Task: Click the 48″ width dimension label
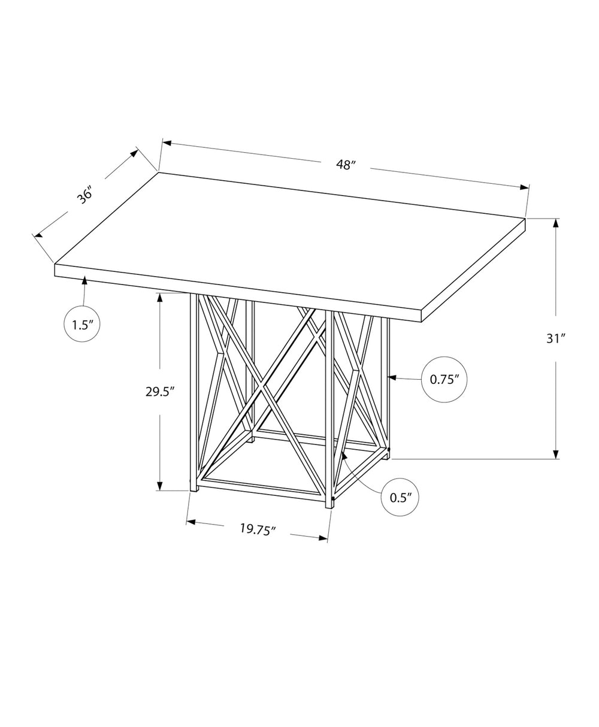point(346,165)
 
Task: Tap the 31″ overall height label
point(556,338)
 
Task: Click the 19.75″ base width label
point(258,529)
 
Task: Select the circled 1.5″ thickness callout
point(81,325)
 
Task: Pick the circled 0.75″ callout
point(444,378)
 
